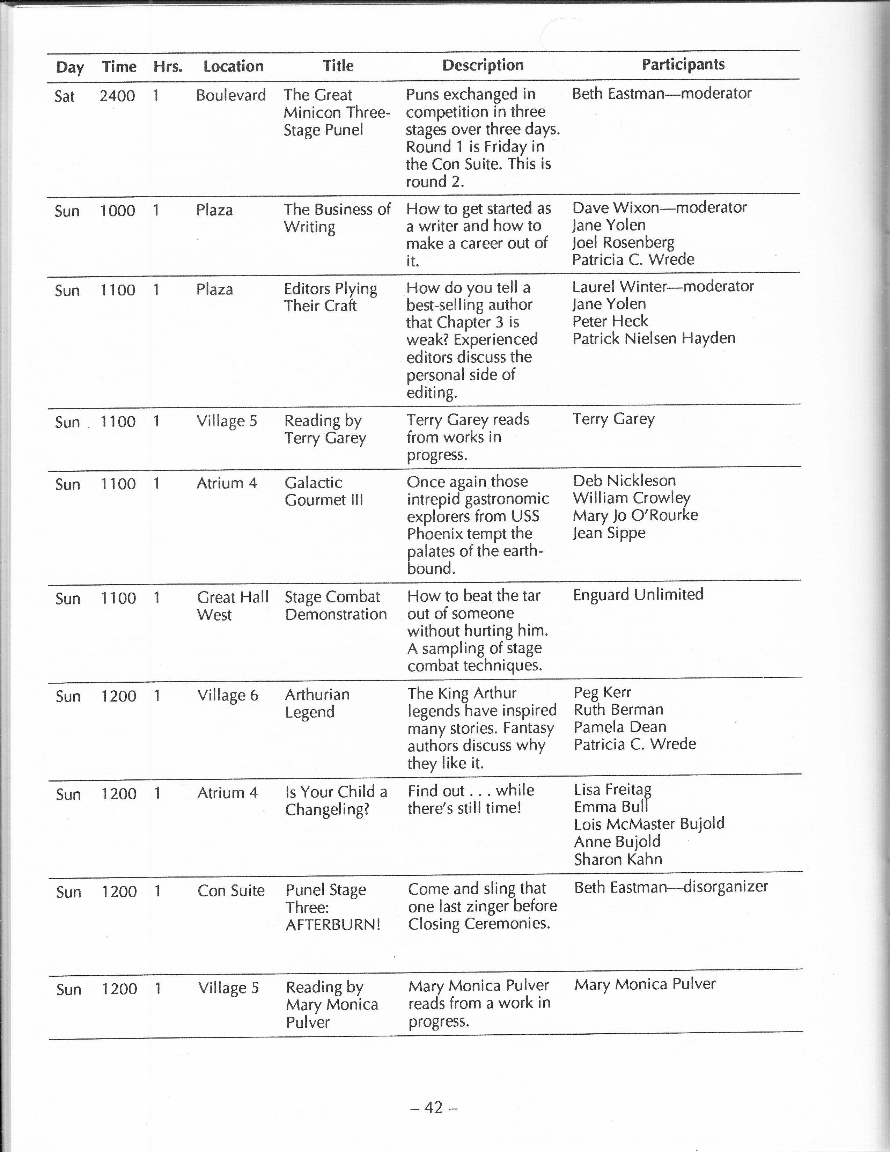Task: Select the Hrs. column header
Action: [x=168, y=66]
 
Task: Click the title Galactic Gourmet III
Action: [x=324, y=491]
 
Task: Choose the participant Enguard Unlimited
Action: [x=638, y=594]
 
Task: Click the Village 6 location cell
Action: [x=227, y=696]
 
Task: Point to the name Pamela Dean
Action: [x=620, y=727]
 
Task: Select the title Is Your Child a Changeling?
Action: [x=336, y=801]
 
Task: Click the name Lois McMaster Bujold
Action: [x=649, y=824]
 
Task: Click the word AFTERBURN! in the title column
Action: [x=333, y=925]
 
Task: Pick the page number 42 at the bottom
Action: [x=433, y=1108]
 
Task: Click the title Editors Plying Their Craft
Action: [x=330, y=297]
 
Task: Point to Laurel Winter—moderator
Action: [x=663, y=286]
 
